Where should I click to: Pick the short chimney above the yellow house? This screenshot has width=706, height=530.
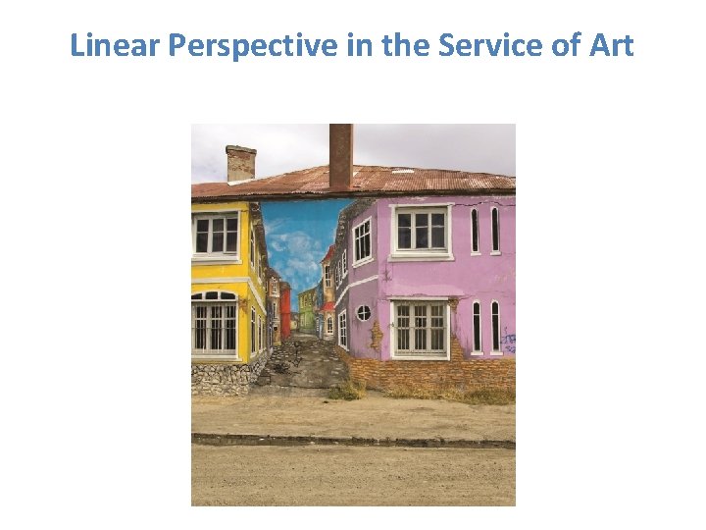click(240, 163)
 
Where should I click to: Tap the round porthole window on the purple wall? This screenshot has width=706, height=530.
click(363, 313)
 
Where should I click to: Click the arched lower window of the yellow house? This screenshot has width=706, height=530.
click(215, 323)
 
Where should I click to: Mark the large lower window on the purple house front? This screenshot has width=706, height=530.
click(420, 328)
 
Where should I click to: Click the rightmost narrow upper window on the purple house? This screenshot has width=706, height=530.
click(495, 230)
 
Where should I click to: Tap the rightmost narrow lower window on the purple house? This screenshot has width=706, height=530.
click(495, 326)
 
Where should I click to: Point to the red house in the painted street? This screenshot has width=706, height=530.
click(285, 311)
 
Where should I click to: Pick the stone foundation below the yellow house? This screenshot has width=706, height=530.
click(221, 378)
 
